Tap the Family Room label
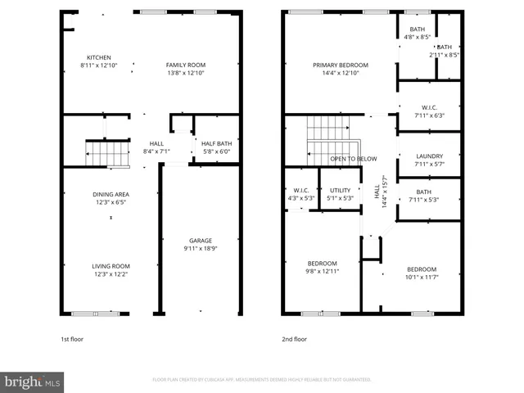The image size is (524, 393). click(186, 65)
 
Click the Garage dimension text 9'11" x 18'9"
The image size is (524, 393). click(201, 249)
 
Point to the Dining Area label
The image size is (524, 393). click(111, 193)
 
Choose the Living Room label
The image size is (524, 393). click(111, 265)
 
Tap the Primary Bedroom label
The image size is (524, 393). click(341, 65)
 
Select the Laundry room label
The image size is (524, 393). click(429, 156)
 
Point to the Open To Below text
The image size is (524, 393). click(354, 159)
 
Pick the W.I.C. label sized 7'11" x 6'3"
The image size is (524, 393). click(429, 107)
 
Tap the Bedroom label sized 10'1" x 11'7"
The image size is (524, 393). click(421, 269)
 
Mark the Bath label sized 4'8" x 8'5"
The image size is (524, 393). click(418, 29)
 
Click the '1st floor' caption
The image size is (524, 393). click(72, 339)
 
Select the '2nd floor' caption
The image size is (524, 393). click(295, 339)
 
